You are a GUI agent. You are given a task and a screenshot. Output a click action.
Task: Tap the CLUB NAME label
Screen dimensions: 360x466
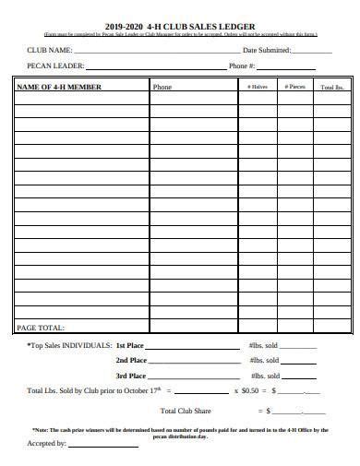(x=49, y=50)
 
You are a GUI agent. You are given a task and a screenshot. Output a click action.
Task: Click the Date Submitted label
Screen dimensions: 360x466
(x=267, y=50)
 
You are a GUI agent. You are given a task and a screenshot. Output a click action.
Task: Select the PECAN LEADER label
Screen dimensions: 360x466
(x=56, y=66)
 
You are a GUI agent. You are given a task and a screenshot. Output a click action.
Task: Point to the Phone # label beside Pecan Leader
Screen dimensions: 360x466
(x=241, y=66)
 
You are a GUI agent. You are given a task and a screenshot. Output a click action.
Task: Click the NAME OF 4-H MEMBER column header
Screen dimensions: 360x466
(x=59, y=87)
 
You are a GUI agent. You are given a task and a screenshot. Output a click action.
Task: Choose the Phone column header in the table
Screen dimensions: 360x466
(x=162, y=87)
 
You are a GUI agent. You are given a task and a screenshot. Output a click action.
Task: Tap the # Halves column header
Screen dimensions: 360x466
(x=258, y=87)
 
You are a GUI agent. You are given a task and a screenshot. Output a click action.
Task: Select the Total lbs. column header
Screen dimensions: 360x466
(x=331, y=87)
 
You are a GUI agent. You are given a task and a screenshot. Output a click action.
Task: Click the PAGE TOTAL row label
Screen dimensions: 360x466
(x=41, y=328)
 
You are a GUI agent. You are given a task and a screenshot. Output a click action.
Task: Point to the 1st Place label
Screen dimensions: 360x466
(x=130, y=344)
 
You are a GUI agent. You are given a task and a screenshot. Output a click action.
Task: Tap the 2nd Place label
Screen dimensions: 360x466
(x=130, y=360)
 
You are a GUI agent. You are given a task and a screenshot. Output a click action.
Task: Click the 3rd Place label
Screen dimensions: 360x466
(x=130, y=376)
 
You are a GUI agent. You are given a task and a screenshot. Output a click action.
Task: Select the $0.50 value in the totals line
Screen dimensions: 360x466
(x=250, y=390)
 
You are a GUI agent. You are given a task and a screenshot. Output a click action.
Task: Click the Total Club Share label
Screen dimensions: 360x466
(x=186, y=411)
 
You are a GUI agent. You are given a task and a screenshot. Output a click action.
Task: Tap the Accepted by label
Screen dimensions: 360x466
(x=46, y=444)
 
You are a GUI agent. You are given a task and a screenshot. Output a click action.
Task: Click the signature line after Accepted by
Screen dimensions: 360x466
(x=102, y=446)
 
